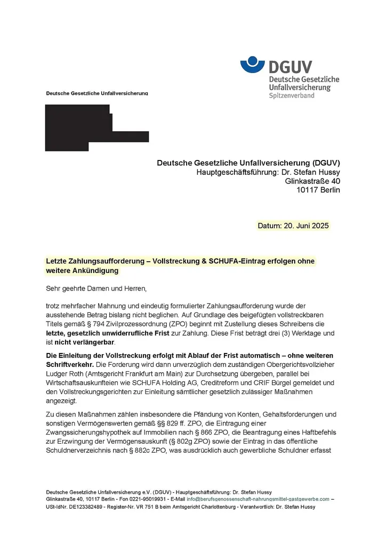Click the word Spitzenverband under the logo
coord(292,95)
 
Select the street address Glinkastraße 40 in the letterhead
coord(313,181)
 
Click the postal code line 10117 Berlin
coord(318,190)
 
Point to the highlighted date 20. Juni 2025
coord(293,226)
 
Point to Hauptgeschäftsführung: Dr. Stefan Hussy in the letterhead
coord(268,172)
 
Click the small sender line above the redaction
coord(97,93)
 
